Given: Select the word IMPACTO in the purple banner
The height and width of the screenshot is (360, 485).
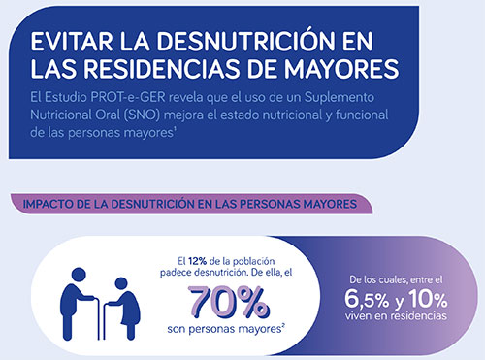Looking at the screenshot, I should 48,205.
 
